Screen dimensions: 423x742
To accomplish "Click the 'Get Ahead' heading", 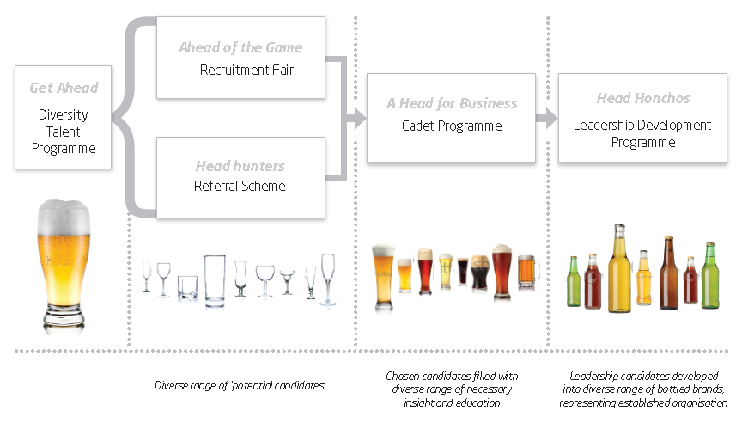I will point(64,88).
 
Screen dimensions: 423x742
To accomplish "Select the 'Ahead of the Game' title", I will point(240,48).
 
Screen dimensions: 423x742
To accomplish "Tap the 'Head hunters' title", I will point(240,166).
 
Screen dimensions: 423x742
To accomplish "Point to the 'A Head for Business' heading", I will point(452,103).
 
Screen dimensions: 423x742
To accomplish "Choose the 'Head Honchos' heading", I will point(643,99).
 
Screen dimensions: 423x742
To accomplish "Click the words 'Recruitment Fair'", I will point(246,70).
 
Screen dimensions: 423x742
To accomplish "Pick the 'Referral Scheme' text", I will point(240,186).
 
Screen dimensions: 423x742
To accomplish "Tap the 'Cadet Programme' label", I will point(452,126).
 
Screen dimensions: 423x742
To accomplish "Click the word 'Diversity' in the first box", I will point(64,114).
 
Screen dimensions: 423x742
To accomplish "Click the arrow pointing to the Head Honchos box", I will point(546,119).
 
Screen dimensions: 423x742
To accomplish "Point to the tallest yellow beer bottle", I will point(620,268).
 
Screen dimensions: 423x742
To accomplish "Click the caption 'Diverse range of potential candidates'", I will point(240,386).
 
